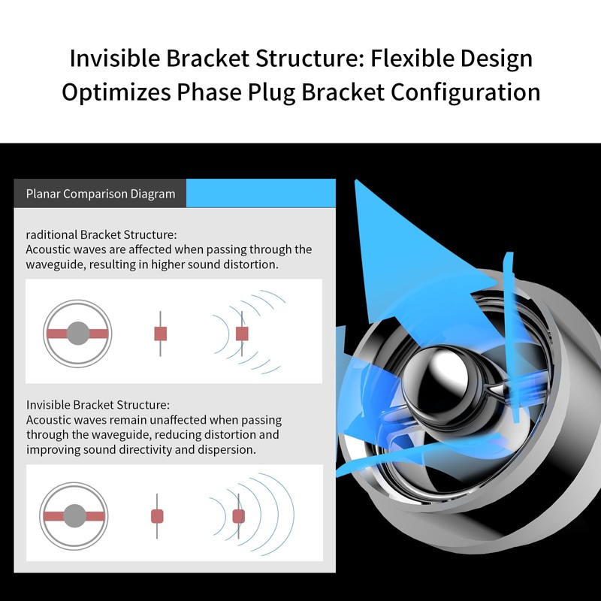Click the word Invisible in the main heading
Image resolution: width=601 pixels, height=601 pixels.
[115, 59]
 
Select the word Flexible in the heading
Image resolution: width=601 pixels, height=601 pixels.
[412, 59]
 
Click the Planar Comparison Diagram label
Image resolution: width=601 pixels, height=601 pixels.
[101, 194]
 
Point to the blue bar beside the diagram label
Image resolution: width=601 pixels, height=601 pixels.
[261, 193]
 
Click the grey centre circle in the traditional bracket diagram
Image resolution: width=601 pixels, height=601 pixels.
[78, 333]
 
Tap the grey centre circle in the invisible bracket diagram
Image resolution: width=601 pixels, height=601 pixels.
[74, 516]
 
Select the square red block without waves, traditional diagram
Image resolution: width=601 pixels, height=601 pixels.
[160, 334]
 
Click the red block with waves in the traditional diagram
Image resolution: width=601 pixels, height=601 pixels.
[242, 334]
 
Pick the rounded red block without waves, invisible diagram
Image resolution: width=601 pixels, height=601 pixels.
[157, 516]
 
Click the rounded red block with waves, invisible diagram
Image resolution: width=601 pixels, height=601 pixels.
[238, 516]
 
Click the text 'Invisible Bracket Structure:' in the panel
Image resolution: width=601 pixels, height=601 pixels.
[98, 405]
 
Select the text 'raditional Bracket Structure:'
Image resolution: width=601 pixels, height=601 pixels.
[101, 234]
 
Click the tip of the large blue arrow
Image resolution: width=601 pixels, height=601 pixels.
[355, 180]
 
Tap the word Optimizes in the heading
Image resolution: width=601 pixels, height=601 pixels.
[116, 92]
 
